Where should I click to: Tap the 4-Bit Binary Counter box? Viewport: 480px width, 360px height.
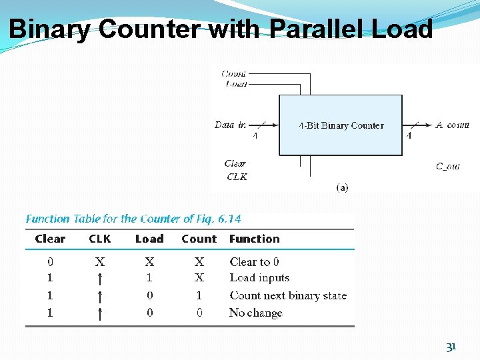pyautogui.click(x=340, y=125)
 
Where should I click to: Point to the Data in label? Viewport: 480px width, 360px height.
pyautogui.click(x=230, y=125)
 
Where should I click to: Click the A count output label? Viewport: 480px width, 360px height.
pyautogui.click(x=453, y=125)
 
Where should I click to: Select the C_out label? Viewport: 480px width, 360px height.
pyautogui.click(x=448, y=167)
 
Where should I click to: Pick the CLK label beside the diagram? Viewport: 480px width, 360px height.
pyautogui.click(x=237, y=177)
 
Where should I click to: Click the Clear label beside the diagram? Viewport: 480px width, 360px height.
pyautogui.click(x=235, y=163)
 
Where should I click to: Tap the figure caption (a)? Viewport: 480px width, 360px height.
pyautogui.click(x=341, y=188)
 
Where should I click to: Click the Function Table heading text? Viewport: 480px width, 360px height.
pyautogui.click(x=133, y=219)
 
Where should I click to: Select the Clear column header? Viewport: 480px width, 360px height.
pyautogui.click(x=50, y=239)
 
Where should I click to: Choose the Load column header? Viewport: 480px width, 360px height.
pyautogui.click(x=149, y=239)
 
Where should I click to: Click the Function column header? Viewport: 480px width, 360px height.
pyautogui.click(x=255, y=239)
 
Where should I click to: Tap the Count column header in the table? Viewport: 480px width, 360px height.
pyautogui.click(x=199, y=239)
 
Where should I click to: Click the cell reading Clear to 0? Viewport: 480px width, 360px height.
pyautogui.click(x=255, y=262)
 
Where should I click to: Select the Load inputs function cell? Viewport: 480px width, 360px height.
pyautogui.click(x=259, y=278)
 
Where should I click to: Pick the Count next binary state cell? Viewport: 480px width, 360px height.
pyautogui.click(x=288, y=295)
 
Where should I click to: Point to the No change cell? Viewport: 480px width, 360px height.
pyautogui.click(x=256, y=313)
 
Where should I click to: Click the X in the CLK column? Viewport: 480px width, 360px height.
pyautogui.click(x=99, y=262)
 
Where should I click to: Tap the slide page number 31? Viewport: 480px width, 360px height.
pyautogui.click(x=451, y=347)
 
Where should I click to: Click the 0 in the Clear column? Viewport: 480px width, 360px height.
pyautogui.click(x=50, y=262)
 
